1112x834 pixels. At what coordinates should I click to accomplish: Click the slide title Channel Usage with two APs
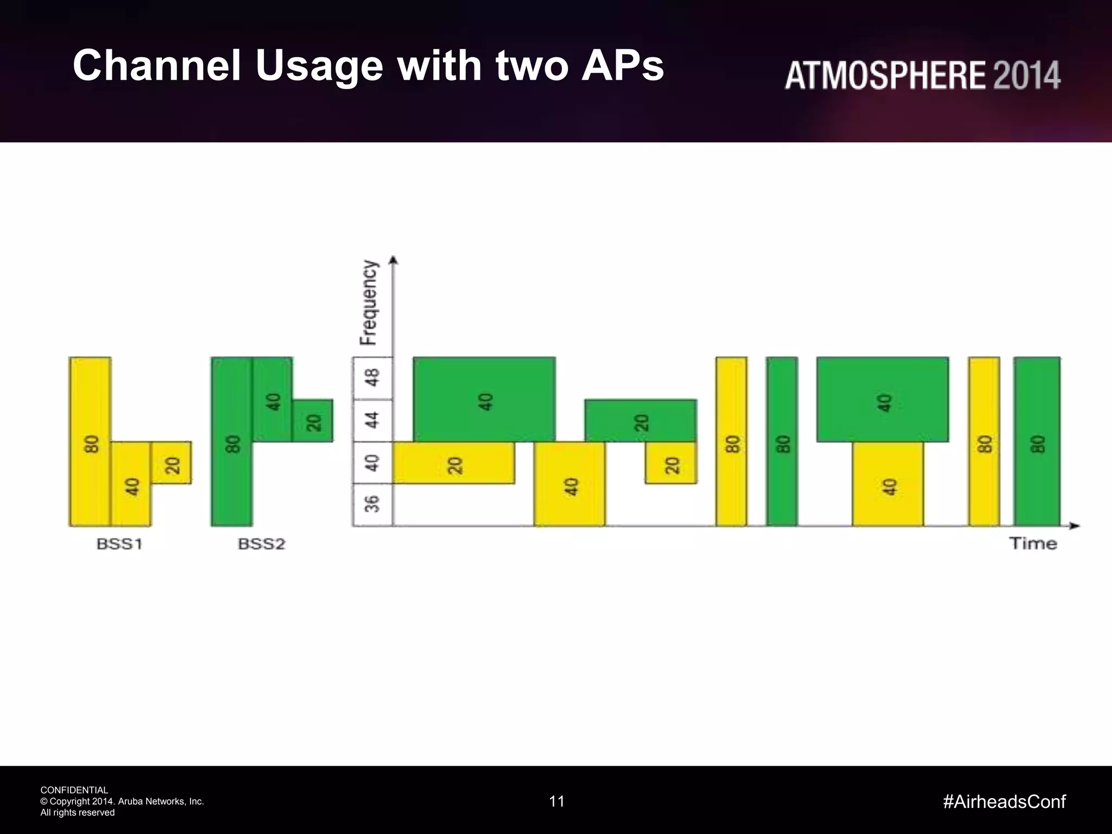pyautogui.click(x=368, y=65)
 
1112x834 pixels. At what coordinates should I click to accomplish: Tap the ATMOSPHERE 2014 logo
pyautogui.click(x=922, y=75)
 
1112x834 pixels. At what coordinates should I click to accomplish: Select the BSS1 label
pyautogui.click(x=119, y=544)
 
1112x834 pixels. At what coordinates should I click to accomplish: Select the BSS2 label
pyautogui.click(x=262, y=544)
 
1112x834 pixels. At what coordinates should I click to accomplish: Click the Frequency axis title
pyautogui.click(x=369, y=302)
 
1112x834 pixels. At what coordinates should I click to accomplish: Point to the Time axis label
pyautogui.click(x=1033, y=544)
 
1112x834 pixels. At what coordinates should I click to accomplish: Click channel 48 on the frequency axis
pyautogui.click(x=372, y=378)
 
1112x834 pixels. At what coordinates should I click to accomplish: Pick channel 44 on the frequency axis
pyautogui.click(x=372, y=420)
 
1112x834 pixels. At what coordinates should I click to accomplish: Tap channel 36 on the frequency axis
pyautogui.click(x=372, y=505)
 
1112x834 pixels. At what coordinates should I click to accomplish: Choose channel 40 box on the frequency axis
pyautogui.click(x=372, y=463)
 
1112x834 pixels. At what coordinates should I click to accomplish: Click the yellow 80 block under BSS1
pyautogui.click(x=90, y=441)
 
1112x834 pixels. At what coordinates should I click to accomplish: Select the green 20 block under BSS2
pyautogui.click(x=312, y=421)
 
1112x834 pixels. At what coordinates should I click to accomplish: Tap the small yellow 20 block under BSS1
pyautogui.click(x=171, y=463)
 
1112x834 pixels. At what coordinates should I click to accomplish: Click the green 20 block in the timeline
pyautogui.click(x=641, y=421)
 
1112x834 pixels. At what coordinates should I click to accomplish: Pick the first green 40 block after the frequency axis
pyautogui.click(x=484, y=399)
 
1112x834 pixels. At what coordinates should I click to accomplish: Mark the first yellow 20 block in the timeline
pyautogui.click(x=453, y=463)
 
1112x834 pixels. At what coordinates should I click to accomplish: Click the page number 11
pyautogui.click(x=557, y=801)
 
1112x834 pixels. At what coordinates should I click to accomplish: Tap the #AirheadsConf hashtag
pyautogui.click(x=1004, y=801)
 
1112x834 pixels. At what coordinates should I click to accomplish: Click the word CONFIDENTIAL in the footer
pyautogui.click(x=74, y=790)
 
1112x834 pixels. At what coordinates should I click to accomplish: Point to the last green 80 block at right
pyautogui.click(x=1037, y=441)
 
